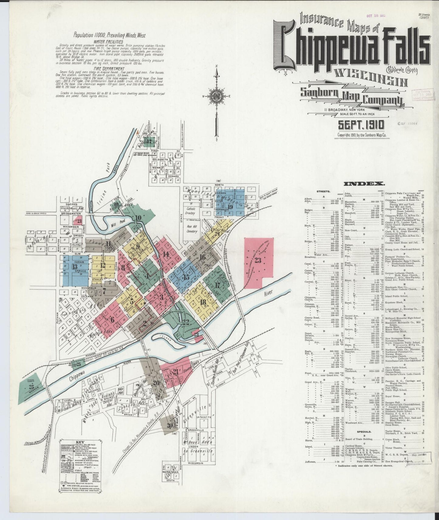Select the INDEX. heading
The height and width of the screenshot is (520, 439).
(364, 183)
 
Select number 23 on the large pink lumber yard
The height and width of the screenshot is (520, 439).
(258, 260)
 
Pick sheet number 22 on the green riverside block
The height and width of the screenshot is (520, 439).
(186, 321)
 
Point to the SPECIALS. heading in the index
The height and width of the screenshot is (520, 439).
(364, 432)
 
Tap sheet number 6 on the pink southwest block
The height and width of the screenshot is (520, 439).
(112, 320)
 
